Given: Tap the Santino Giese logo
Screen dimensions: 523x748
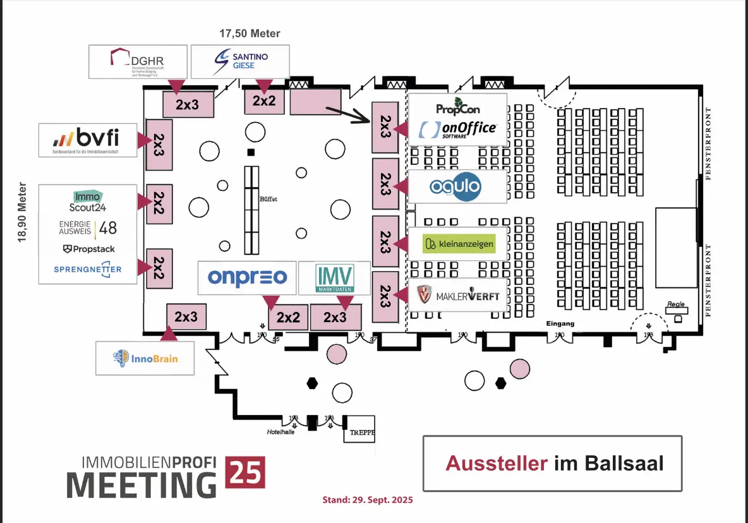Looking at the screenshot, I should (x=240, y=61).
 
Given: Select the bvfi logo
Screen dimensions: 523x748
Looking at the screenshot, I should (x=87, y=138).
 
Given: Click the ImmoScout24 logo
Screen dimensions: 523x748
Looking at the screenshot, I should (x=87, y=201).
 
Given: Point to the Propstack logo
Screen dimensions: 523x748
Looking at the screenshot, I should (x=88, y=249).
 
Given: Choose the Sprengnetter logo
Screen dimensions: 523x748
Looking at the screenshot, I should (x=88, y=269).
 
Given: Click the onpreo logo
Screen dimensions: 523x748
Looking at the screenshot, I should (x=247, y=277).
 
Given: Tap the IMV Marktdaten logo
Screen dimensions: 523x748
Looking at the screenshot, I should (x=335, y=278).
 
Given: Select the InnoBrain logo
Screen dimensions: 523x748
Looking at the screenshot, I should (x=145, y=358).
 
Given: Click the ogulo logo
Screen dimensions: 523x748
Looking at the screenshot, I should (x=455, y=186).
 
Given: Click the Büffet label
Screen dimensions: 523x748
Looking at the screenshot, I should (x=268, y=199).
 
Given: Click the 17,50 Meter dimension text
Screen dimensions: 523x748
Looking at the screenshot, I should (x=250, y=33).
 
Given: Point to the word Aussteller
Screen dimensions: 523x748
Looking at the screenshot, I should (x=497, y=463).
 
